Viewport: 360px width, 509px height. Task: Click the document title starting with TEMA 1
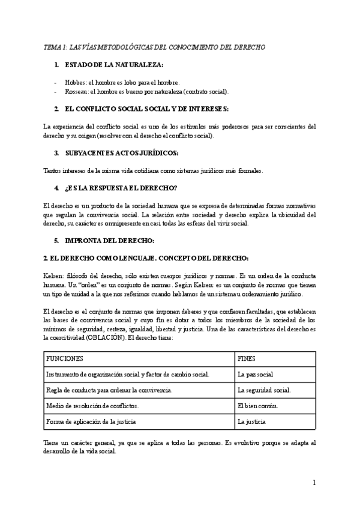point(154,47)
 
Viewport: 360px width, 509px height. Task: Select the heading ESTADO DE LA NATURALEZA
point(114,64)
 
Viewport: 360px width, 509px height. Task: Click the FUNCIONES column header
point(65,358)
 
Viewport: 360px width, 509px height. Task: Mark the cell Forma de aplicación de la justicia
point(91,421)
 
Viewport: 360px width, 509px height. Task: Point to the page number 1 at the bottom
point(314,483)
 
